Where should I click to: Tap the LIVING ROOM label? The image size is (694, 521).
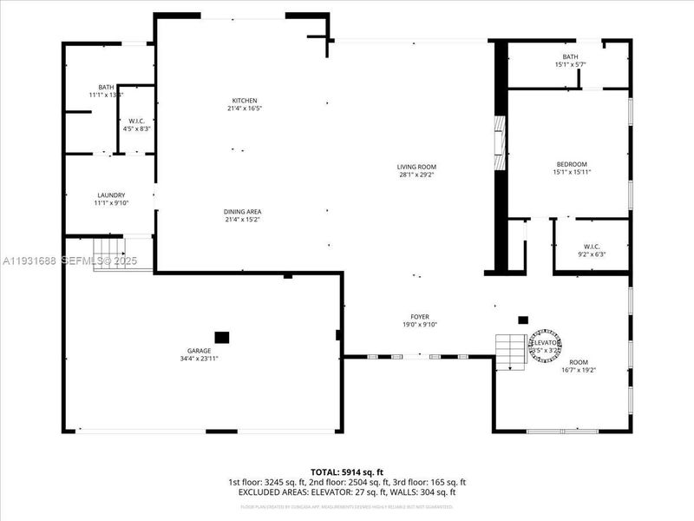pyautogui.click(x=416, y=167)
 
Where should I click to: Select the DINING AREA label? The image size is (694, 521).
pyautogui.click(x=243, y=212)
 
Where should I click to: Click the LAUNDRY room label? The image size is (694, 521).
pyautogui.click(x=111, y=195)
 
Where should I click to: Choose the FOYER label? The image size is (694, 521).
pyautogui.click(x=420, y=317)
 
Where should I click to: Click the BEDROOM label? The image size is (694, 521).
pyautogui.click(x=572, y=165)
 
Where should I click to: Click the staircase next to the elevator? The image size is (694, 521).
pyautogui.click(x=512, y=352)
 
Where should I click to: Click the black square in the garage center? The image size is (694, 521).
pyautogui.click(x=222, y=337)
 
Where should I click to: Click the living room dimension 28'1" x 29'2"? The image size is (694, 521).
pyautogui.click(x=416, y=175)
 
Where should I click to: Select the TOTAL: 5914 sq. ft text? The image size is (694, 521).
pyautogui.click(x=347, y=472)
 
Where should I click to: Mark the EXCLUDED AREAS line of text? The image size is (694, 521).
pyautogui.click(x=347, y=491)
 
